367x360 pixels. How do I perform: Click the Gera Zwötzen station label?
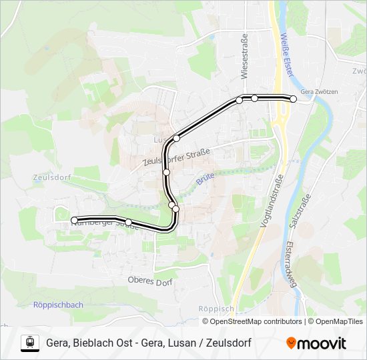tap(319, 91)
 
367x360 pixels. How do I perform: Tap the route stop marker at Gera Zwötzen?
tap(293, 99)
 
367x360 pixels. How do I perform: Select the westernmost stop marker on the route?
tap(74, 220)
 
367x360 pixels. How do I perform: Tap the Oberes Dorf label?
tap(150, 282)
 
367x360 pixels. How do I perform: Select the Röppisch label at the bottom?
tap(216, 309)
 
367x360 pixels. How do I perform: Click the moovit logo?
tap(316, 343)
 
